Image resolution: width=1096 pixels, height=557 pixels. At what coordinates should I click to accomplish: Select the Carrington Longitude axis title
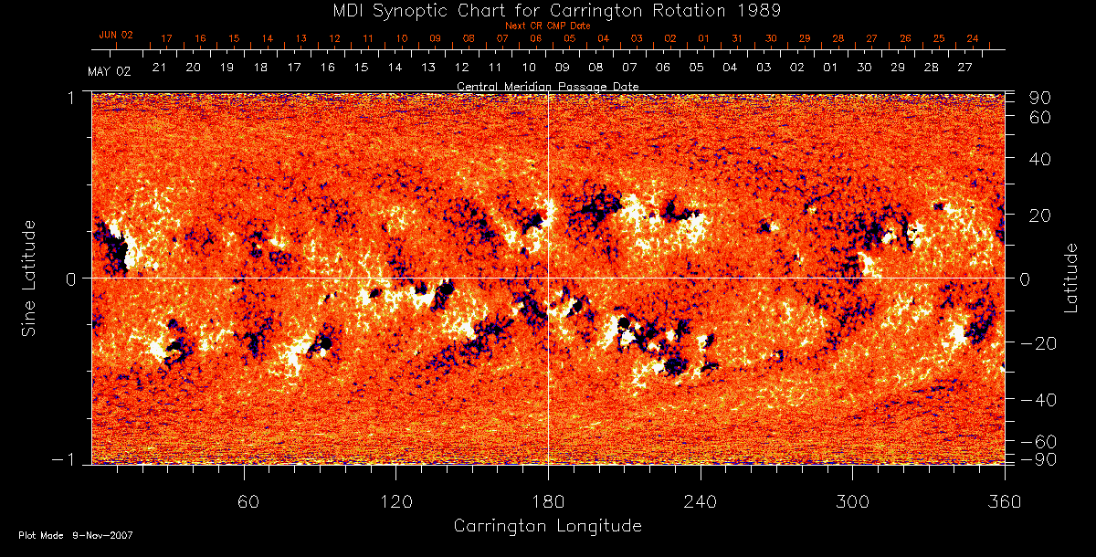point(547,526)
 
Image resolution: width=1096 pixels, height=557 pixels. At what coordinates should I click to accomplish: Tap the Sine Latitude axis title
point(30,278)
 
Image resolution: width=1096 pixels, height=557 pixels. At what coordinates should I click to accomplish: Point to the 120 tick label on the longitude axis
point(396,502)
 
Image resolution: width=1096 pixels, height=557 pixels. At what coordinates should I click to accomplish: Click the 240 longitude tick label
point(701,502)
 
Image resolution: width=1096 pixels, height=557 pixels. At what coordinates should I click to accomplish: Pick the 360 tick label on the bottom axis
point(1004,502)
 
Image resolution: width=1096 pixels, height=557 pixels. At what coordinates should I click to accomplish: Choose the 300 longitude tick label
point(852,502)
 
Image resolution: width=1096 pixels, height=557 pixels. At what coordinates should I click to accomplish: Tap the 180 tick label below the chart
point(548,502)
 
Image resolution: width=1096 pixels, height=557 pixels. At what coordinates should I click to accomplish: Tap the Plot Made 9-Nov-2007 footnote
point(76,535)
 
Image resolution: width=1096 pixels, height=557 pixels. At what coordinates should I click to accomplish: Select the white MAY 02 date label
point(110,71)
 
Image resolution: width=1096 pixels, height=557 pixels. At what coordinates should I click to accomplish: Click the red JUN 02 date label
point(116,35)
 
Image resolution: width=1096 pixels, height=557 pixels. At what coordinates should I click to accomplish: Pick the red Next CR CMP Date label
point(548,26)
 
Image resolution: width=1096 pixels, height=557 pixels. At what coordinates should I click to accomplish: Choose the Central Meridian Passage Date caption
point(547,86)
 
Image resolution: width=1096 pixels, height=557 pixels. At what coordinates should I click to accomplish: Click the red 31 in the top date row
point(737,39)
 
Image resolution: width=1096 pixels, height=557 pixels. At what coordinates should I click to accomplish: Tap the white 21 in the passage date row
point(159,68)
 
